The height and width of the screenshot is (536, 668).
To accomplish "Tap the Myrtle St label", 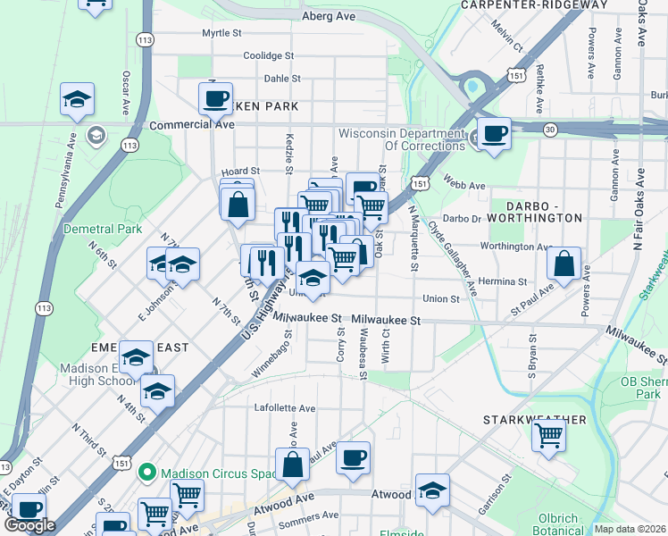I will (221, 33).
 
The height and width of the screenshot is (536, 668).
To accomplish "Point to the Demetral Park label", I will (103, 229).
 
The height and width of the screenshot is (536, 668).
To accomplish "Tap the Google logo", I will (29, 525).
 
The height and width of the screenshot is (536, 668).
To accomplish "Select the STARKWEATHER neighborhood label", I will (535, 419).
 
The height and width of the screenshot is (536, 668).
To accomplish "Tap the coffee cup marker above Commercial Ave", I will (215, 98).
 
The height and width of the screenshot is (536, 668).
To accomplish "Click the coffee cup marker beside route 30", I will (493, 134).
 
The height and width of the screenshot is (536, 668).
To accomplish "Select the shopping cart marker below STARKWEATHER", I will (548, 436).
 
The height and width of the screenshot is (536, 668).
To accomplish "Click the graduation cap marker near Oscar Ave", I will (78, 99).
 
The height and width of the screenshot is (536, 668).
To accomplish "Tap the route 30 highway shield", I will (551, 130).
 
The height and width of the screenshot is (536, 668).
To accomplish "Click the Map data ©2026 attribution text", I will (630, 529).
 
